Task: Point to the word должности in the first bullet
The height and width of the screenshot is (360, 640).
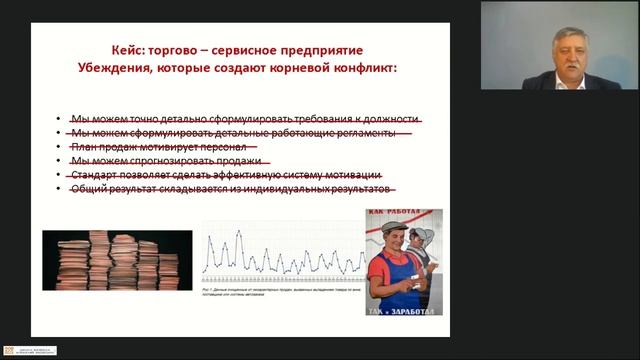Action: (388, 118)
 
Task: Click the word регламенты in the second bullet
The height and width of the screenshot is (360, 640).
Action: (362, 132)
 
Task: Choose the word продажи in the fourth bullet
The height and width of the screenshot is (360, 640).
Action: (241, 160)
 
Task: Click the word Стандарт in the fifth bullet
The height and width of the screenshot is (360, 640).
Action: (94, 174)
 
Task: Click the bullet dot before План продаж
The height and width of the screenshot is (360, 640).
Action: (59, 146)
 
